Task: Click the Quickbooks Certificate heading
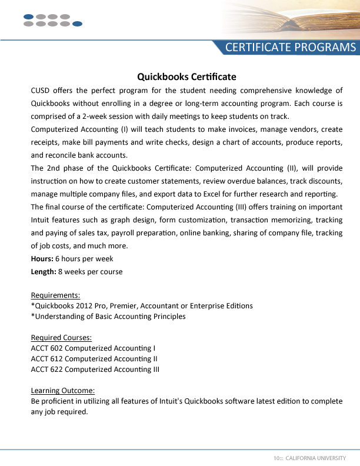[x=186, y=76]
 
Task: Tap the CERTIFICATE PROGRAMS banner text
[x=291, y=48]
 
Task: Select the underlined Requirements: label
[x=55, y=295]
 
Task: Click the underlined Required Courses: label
[x=61, y=337]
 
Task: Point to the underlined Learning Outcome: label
[x=62, y=390]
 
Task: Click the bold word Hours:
[x=42, y=258]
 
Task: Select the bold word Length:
[x=44, y=271]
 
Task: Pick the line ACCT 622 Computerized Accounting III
[x=95, y=369]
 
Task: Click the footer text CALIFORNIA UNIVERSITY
[x=315, y=458]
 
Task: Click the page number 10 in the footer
[x=276, y=458]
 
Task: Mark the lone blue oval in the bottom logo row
[x=77, y=24]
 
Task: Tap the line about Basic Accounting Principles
[x=108, y=316]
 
